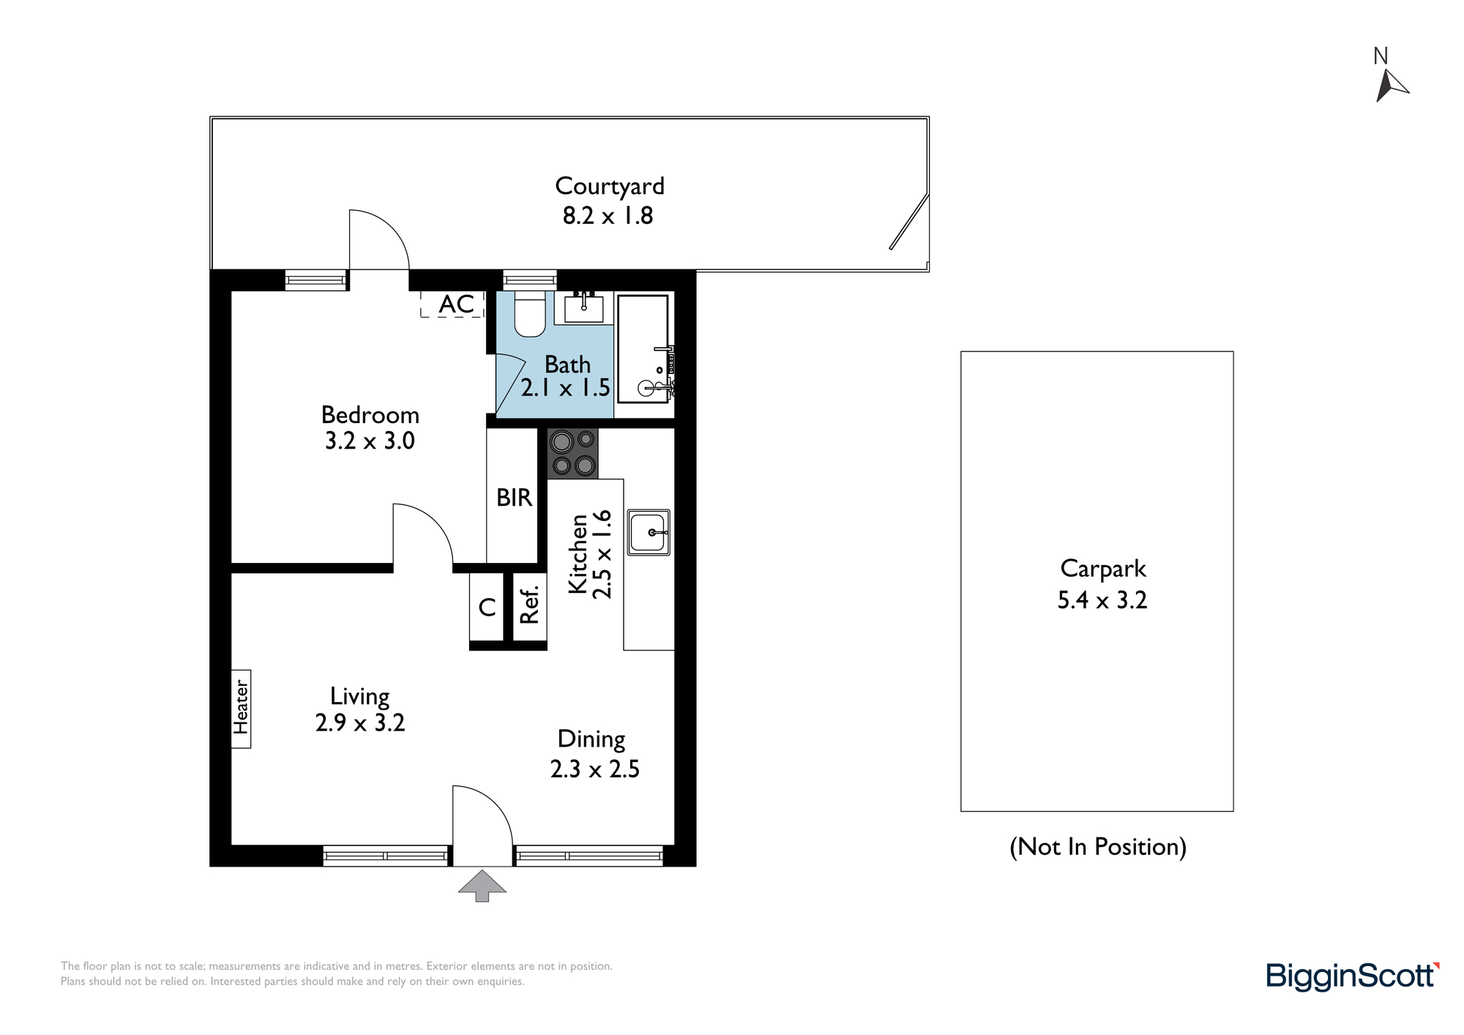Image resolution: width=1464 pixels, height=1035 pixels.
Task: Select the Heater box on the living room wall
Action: pyautogui.click(x=241, y=709)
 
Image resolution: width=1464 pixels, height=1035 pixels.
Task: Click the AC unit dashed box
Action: pyautogui.click(x=452, y=304)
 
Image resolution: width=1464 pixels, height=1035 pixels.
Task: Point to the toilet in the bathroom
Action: pyautogui.click(x=529, y=314)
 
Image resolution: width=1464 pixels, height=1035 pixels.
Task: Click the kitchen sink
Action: pyautogui.click(x=649, y=532)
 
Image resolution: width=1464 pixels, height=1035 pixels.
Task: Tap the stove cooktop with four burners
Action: pyautogui.click(x=572, y=454)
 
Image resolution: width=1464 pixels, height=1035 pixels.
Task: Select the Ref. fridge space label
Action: pyautogui.click(x=529, y=605)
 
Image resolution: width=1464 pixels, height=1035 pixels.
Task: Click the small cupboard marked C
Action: pyautogui.click(x=487, y=607)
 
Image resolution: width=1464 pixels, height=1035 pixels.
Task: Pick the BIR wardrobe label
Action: pyautogui.click(x=514, y=498)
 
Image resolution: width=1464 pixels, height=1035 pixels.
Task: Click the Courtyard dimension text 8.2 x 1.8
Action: pyautogui.click(x=608, y=216)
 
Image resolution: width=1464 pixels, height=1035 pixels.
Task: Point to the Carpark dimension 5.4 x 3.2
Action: pyautogui.click(x=1102, y=600)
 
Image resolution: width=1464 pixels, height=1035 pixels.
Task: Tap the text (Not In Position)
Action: pyautogui.click(x=1098, y=847)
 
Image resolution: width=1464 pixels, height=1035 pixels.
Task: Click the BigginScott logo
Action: pyautogui.click(x=1353, y=976)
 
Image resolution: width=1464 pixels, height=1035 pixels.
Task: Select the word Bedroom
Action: pyautogui.click(x=370, y=416)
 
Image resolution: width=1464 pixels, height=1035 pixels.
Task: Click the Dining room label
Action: pyautogui.click(x=591, y=739)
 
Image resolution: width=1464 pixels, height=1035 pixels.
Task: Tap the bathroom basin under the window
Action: pyautogui.click(x=583, y=307)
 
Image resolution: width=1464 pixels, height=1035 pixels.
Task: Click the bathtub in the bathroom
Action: pyautogui.click(x=643, y=349)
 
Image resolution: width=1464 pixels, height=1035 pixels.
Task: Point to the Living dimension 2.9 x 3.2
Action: pyautogui.click(x=360, y=723)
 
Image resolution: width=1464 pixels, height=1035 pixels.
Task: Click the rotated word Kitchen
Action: pyautogui.click(x=578, y=554)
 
